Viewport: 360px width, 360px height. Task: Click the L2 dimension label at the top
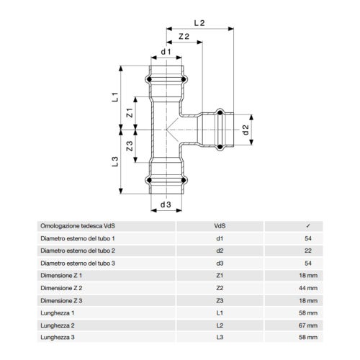click(199, 23)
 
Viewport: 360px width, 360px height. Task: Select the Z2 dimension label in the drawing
click(184, 37)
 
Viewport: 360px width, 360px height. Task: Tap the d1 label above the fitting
click(166, 52)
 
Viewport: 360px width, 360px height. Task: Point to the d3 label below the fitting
click(166, 204)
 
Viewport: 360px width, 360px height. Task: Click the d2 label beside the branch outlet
click(246, 130)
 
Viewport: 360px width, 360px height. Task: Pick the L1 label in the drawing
click(115, 97)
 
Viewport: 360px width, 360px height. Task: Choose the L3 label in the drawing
click(115, 161)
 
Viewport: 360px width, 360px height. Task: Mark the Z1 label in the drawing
click(130, 112)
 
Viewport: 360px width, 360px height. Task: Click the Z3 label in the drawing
click(130, 146)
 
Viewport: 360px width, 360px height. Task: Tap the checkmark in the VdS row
click(308, 226)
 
